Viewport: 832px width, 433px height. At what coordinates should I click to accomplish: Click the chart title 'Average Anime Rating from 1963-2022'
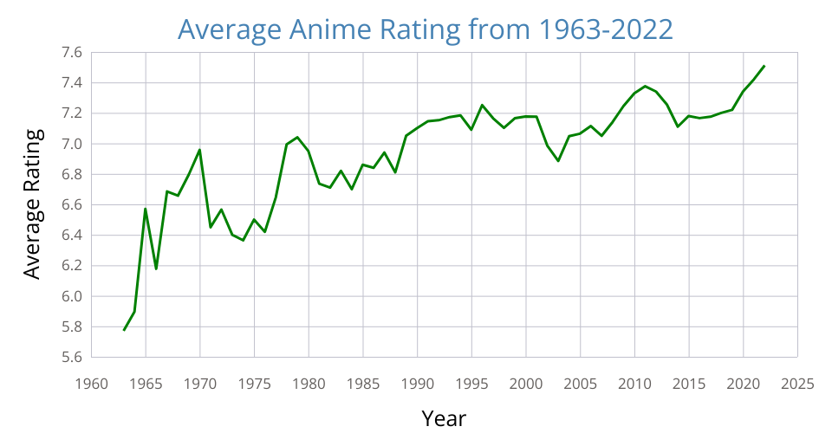[425, 29]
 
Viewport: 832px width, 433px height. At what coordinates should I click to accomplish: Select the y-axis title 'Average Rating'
[32, 204]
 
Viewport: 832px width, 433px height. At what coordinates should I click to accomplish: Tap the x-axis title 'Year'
[444, 418]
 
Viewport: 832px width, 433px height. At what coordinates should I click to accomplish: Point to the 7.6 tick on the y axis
[71, 53]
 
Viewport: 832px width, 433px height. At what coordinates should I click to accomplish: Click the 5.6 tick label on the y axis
[71, 357]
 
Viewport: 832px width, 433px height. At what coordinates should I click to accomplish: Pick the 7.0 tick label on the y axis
[71, 144]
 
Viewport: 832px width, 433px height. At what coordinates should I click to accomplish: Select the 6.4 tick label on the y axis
[71, 236]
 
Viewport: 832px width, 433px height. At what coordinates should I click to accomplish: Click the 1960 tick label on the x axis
[92, 382]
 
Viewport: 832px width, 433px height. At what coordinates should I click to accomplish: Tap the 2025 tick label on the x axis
[797, 382]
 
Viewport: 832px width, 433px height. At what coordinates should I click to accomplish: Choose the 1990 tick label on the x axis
[418, 382]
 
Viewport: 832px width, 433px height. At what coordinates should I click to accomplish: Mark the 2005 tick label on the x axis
[581, 382]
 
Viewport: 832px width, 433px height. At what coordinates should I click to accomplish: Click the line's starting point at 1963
[124, 330]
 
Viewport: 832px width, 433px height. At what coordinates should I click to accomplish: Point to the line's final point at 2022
[764, 66]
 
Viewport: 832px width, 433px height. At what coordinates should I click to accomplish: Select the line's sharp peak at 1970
[200, 150]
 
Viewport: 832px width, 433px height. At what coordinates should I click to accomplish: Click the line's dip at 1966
[157, 268]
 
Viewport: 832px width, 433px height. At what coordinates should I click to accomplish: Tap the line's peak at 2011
[645, 86]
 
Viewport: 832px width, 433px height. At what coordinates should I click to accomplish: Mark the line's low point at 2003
[558, 161]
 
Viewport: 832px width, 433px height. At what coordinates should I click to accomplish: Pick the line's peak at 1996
[483, 105]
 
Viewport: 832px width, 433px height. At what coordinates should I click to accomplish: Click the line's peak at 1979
[297, 137]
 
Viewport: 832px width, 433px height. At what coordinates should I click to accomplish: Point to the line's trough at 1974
[244, 240]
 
